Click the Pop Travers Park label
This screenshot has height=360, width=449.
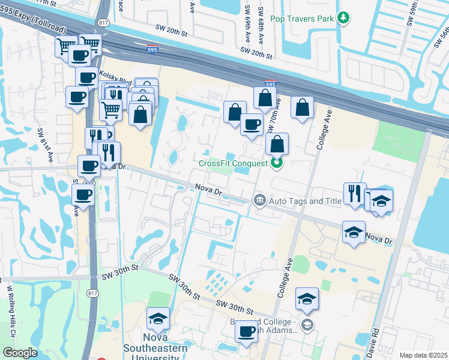click(301, 19)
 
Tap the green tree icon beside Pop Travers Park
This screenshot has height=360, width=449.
click(343, 19)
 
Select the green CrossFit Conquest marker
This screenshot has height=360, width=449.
click(276, 162)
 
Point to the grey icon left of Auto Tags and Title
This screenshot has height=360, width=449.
click(259, 200)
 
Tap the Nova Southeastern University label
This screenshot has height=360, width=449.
click(154, 352)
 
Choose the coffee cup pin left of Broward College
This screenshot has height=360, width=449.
click(246, 331)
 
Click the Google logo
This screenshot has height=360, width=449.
click(20, 353)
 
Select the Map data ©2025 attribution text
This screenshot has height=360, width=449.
click(423, 355)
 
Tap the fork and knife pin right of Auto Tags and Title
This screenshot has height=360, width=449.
click(354, 193)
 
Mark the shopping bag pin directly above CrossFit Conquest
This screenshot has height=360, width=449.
click(277, 144)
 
